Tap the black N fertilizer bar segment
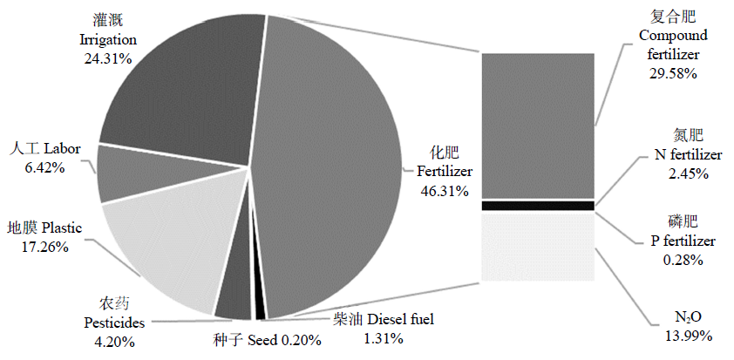[538, 206]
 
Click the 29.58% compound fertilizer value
[672, 74]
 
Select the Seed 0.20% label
[266, 339]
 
